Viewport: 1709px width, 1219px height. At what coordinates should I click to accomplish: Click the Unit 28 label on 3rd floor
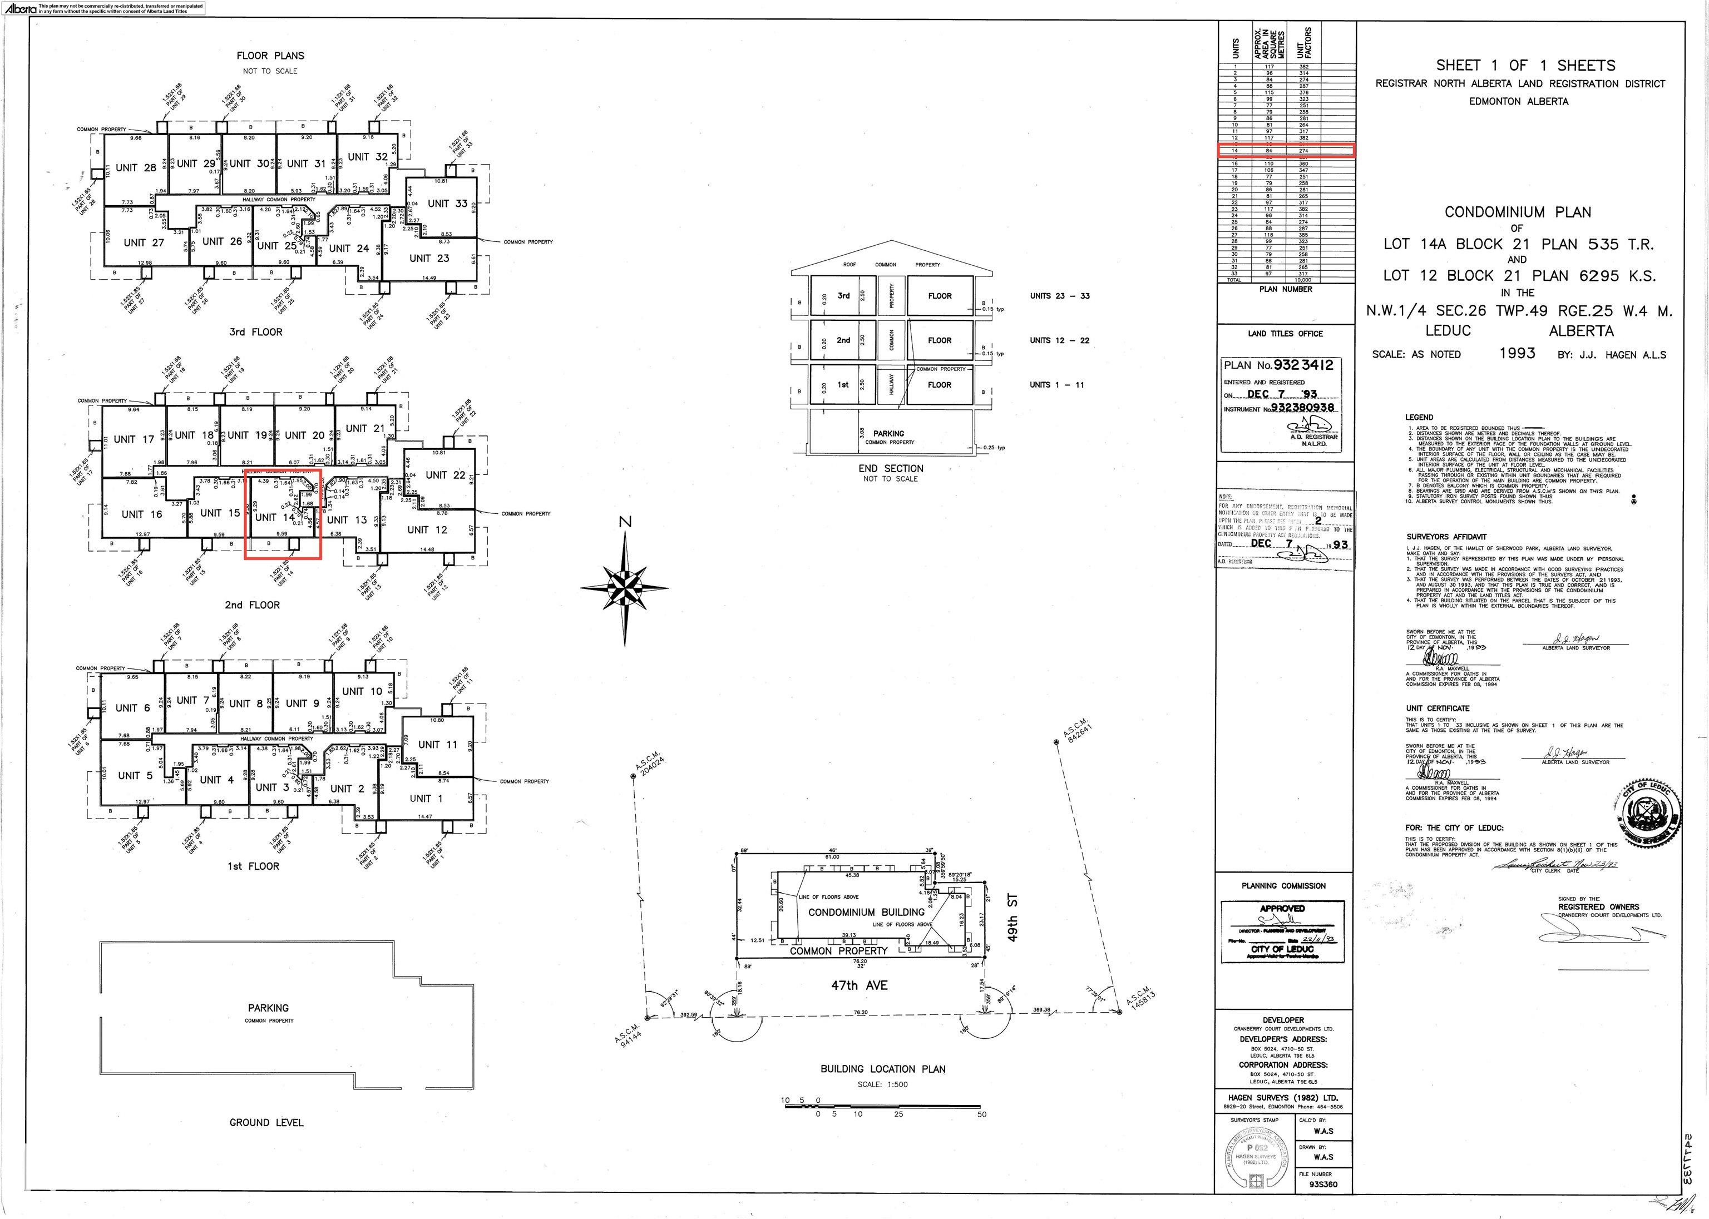click(x=136, y=167)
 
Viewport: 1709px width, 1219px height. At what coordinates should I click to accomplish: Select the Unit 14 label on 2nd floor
click(x=275, y=517)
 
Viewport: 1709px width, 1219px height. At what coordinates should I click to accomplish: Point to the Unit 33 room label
click(x=447, y=204)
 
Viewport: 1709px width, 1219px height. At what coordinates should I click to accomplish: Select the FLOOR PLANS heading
click(x=270, y=56)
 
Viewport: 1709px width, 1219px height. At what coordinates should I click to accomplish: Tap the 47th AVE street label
click(x=859, y=985)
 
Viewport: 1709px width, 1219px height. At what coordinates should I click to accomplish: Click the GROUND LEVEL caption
click(x=266, y=1122)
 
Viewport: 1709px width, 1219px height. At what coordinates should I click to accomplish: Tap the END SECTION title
click(x=891, y=468)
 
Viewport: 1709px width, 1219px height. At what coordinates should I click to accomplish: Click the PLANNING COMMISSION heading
click(x=1283, y=886)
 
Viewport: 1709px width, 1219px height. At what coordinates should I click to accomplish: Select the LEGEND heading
click(x=1419, y=417)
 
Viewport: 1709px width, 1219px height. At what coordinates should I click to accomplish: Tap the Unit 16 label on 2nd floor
click(x=142, y=514)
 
